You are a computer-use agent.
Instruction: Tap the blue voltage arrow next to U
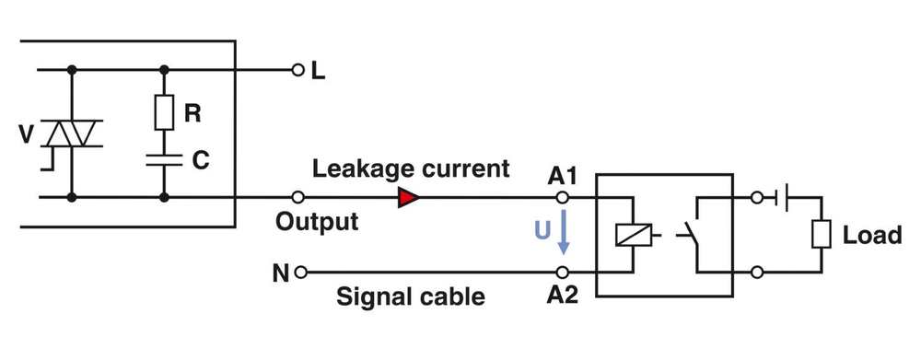coord(564,236)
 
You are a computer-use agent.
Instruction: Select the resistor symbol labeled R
coord(164,113)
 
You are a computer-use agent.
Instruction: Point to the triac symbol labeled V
coord(72,134)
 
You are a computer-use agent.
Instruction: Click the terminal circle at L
coord(297,69)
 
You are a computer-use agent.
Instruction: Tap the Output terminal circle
coord(297,197)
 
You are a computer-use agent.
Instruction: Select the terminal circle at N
coord(298,273)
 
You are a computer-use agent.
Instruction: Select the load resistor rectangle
coord(820,236)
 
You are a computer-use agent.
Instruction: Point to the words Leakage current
coord(410,168)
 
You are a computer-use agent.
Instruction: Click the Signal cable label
coord(411,297)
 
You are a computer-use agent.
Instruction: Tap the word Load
coord(871,236)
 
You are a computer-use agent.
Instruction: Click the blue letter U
coord(542,225)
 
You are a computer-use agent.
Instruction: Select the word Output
coord(316,223)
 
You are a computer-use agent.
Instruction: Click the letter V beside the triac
coord(28,134)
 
